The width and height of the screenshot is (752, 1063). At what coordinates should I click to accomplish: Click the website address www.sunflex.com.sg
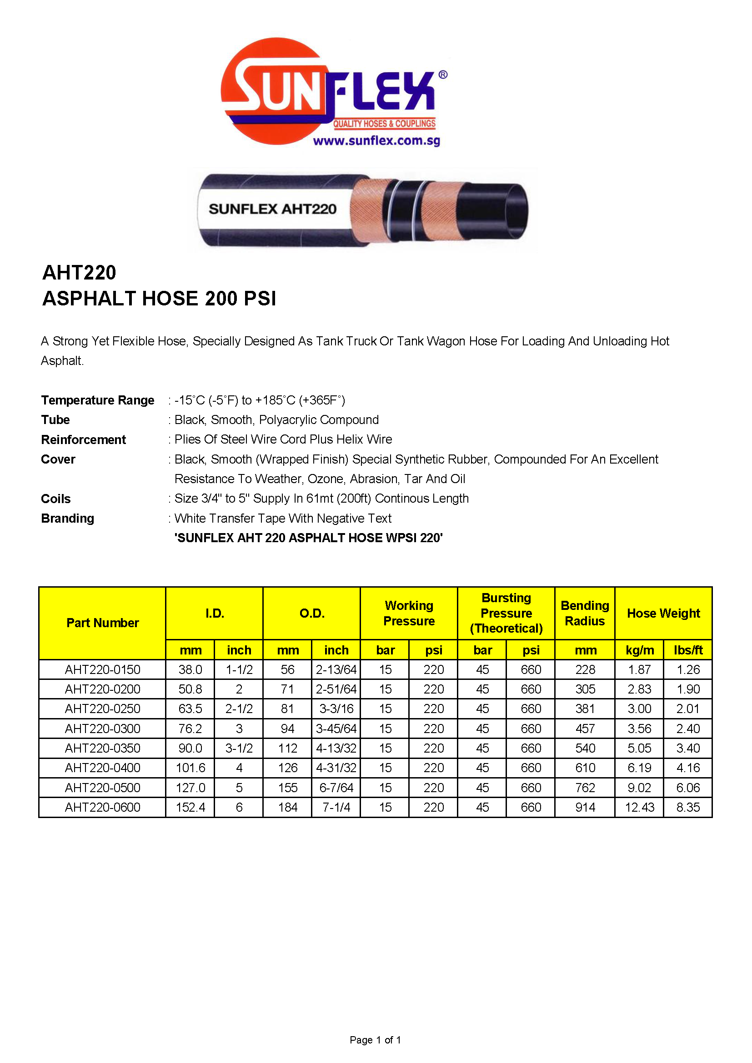pos(376,141)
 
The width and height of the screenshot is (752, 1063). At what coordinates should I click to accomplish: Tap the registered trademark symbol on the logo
pos(443,75)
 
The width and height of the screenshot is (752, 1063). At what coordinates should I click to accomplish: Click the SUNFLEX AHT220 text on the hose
pos(272,209)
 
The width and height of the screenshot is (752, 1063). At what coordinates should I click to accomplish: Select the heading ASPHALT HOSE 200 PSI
pos(159,299)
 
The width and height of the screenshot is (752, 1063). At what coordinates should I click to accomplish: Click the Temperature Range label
pos(98,400)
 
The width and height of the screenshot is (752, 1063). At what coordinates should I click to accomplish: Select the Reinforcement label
pos(83,439)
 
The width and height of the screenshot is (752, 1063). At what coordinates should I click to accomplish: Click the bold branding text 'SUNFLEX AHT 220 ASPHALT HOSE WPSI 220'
pos(308,538)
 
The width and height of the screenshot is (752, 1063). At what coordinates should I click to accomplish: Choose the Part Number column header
pos(102,623)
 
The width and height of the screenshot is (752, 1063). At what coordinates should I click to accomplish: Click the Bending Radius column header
pos(585,613)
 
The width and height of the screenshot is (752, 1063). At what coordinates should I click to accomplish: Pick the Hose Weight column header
pos(663,613)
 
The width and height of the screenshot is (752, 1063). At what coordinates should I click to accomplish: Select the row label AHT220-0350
pos(102,748)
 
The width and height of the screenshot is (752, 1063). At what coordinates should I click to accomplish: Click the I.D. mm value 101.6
pos(191,768)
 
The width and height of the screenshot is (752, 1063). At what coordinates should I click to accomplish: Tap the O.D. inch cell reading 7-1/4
pos(336,808)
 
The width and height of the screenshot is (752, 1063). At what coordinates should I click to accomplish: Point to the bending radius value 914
pos(585,808)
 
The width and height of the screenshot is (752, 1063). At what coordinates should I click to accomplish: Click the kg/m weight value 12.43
pos(640,808)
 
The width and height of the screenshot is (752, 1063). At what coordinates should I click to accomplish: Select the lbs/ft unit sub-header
pos(688,650)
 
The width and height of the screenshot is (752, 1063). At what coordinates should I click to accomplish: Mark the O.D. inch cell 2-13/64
pos(336,669)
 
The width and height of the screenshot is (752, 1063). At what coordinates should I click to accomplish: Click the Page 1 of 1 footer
pos(375,1040)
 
